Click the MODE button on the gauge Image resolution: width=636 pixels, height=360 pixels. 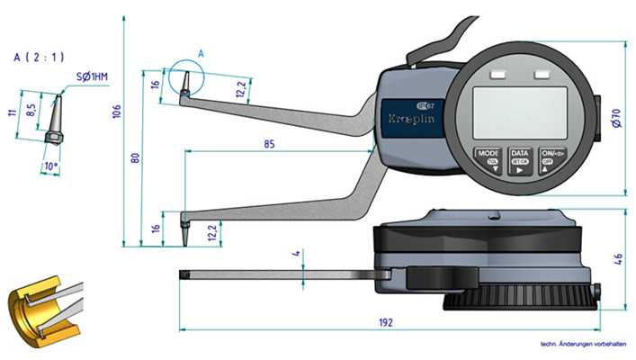coord(488,158)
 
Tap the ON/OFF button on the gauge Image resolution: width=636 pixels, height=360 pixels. coord(550,158)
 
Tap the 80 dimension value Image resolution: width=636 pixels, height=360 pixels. coord(135,157)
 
